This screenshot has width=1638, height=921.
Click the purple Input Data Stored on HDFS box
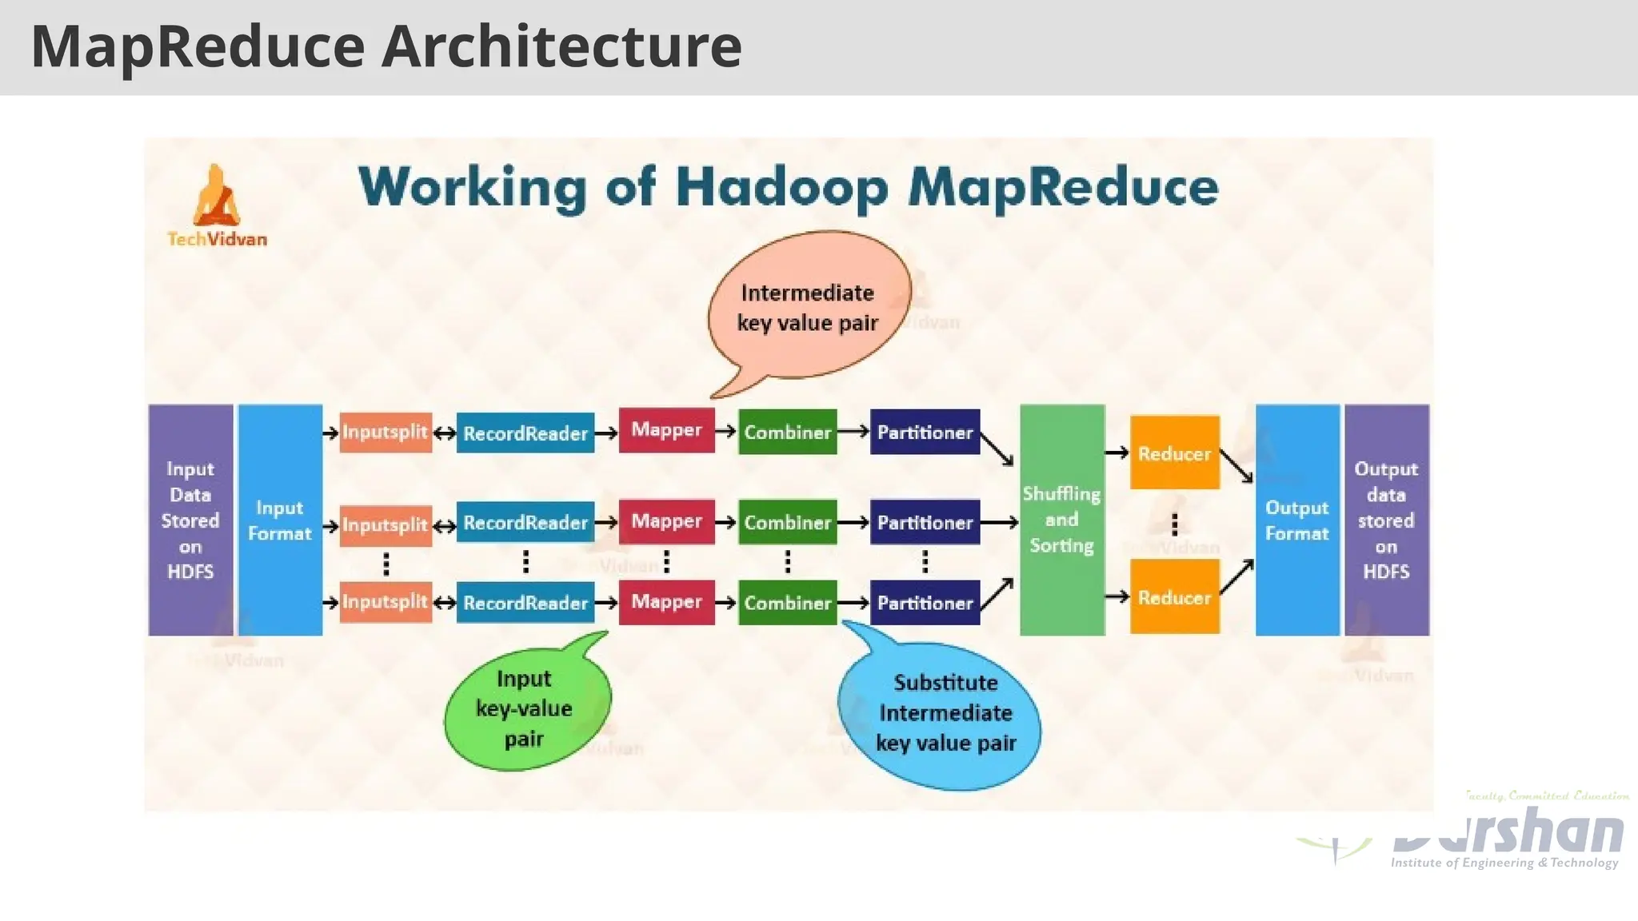[190, 520]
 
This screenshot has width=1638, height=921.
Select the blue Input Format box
[280, 520]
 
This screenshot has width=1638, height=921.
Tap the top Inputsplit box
[386, 433]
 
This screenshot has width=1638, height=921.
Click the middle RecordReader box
[525, 523]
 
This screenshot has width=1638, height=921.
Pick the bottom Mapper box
[666, 602]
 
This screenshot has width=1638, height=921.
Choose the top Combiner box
[788, 433]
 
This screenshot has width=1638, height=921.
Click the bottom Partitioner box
[925, 603]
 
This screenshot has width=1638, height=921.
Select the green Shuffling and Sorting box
[1062, 520]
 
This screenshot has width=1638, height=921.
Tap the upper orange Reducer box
[1174, 453]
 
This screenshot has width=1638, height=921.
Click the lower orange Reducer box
[1174, 597]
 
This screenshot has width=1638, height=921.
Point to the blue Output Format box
[1297, 520]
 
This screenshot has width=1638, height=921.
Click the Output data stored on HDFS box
[1386, 520]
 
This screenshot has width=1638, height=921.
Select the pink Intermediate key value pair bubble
[808, 308]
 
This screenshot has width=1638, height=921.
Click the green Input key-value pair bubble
[525, 708]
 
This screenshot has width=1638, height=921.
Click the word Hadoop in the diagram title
[781, 188]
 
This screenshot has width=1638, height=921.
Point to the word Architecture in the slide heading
[561, 46]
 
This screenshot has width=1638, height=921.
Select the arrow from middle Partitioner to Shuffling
[999, 523]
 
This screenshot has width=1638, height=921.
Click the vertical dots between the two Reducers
[1174, 525]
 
